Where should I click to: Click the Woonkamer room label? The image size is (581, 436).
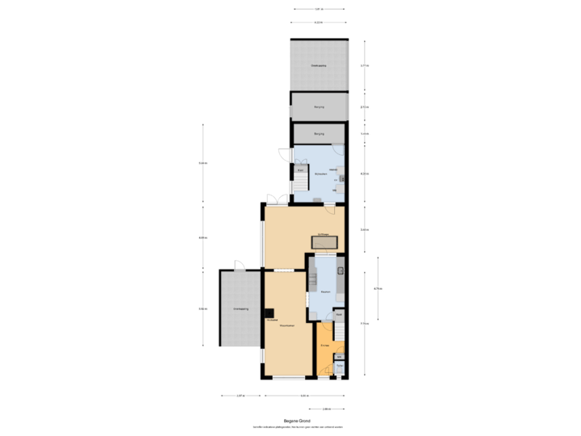pyautogui.click(x=286, y=325)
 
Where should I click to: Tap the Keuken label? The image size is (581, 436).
pyautogui.click(x=325, y=291)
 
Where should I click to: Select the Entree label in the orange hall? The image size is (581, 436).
pyautogui.click(x=324, y=345)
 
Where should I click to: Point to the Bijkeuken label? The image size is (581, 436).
pyautogui.click(x=320, y=173)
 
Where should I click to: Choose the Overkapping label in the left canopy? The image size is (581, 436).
pyautogui.click(x=240, y=308)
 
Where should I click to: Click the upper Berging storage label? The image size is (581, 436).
pyautogui.click(x=319, y=105)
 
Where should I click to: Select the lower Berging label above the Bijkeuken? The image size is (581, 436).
pyautogui.click(x=319, y=133)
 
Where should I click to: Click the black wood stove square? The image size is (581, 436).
pyautogui.click(x=272, y=313)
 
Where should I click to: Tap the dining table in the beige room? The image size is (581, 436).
pyautogui.click(x=325, y=242)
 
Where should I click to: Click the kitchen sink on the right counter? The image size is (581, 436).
pyautogui.click(x=341, y=271)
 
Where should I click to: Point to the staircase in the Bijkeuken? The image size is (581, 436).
pyautogui.click(x=299, y=184)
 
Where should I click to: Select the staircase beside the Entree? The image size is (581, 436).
pyautogui.click(x=340, y=330)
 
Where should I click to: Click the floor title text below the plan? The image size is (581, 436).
pyautogui.click(x=298, y=420)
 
